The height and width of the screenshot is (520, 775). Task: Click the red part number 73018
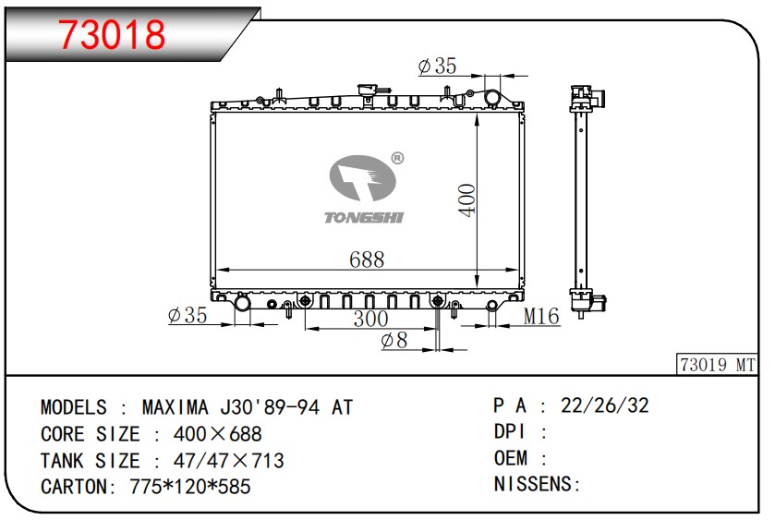coord(112,34)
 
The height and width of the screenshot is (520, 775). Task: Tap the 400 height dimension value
coord(467,200)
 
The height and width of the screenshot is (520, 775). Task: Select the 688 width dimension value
coord(367,260)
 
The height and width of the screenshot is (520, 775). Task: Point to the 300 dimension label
coord(371,319)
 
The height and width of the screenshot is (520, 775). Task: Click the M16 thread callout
coord(541,316)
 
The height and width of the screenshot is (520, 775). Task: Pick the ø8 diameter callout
coord(394,340)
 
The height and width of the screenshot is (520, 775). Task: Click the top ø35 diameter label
coord(437,66)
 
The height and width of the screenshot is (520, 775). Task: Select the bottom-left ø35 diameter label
coord(188,315)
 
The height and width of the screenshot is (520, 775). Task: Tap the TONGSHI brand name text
coord(364,217)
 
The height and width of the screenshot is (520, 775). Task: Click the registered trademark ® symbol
coord(397,158)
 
